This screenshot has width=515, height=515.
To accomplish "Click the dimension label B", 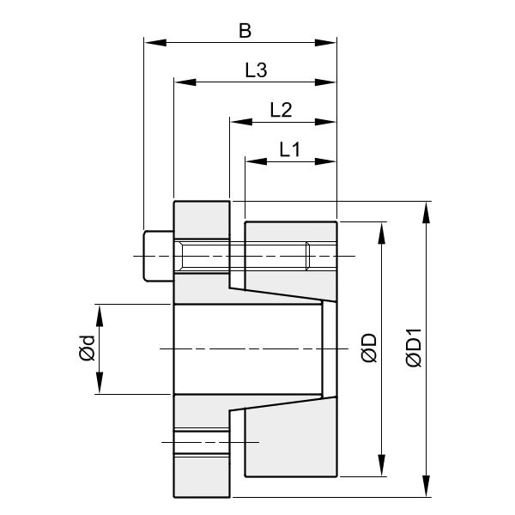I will [x=245, y=32].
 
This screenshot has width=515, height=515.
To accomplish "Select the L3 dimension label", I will [x=256, y=71].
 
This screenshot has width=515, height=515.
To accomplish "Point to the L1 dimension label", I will [x=290, y=149].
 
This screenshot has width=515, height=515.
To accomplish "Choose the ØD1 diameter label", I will [x=414, y=349].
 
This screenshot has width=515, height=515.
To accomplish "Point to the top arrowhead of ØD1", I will [x=425, y=209].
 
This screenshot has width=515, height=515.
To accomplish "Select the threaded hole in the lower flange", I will [x=202, y=441].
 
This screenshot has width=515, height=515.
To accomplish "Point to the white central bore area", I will [x=249, y=349].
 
